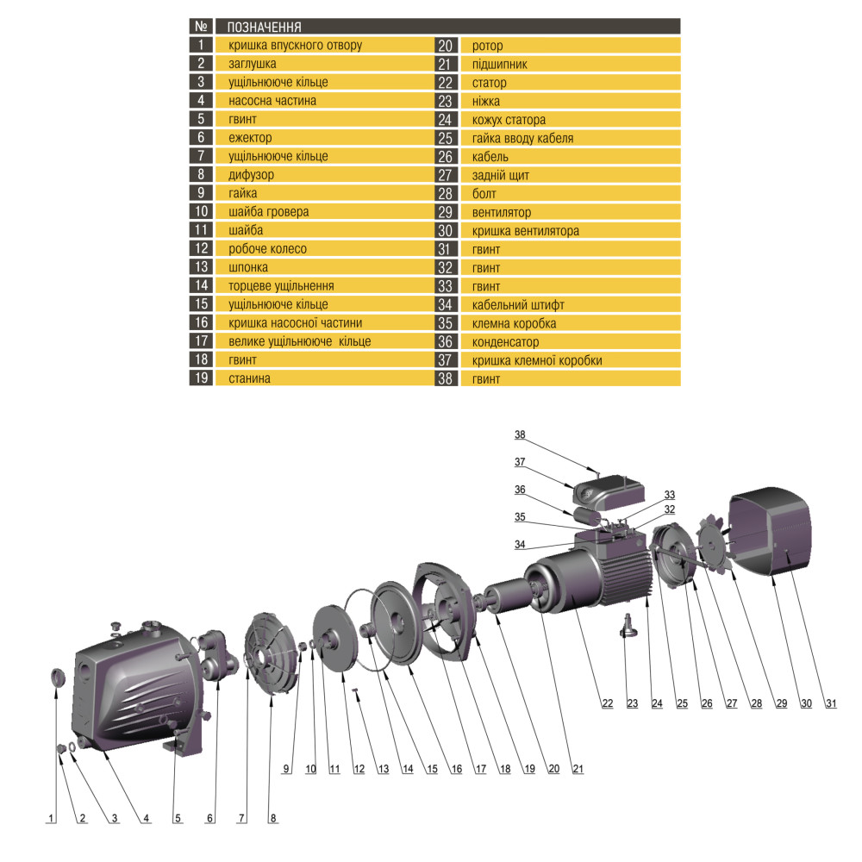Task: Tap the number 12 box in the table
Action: (x=200, y=249)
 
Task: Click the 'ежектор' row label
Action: (x=250, y=138)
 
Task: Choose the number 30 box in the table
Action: (x=446, y=231)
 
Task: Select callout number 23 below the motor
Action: (x=632, y=703)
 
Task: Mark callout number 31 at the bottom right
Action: (x=830, y=703)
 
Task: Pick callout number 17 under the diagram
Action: (x=477, y=768)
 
